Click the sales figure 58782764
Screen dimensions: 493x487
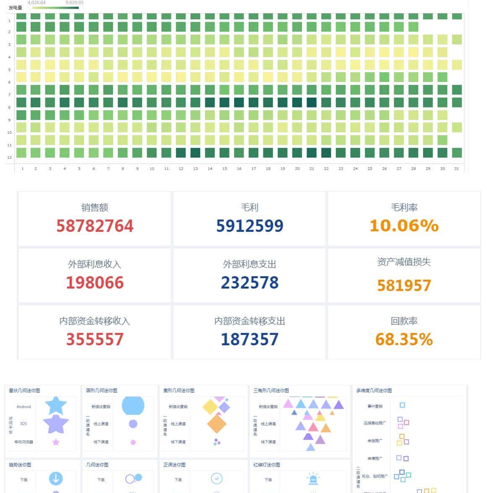tap(95, 226)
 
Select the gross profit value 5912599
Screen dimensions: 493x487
tap(250, 226)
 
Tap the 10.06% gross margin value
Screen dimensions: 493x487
tap(404, 226)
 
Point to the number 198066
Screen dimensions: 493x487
tap(95, 282)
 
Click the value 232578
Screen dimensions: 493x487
tap(250, 282)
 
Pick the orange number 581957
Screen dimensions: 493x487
tap(404, 285)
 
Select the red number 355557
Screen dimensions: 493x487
tap(95, 339)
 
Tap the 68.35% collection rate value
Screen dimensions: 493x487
tap(404, 339)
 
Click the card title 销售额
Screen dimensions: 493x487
tap(95, 207)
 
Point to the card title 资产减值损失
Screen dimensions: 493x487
tap(404, 262)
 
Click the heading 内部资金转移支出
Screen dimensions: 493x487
tap(250, 321)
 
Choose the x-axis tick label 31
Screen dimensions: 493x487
tap(456, 169)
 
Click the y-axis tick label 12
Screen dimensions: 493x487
tap(9, 157)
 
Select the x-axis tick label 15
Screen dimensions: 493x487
tap(224, 169)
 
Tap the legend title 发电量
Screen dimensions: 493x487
tap(16, 8)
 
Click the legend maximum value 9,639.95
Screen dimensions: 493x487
tap(74, 3)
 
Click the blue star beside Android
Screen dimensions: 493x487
tap(56, 405)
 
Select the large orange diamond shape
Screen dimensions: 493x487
tap(216, 423)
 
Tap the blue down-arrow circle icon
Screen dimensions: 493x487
tap(56, 478)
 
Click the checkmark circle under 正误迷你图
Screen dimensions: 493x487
tap(216, 478)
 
